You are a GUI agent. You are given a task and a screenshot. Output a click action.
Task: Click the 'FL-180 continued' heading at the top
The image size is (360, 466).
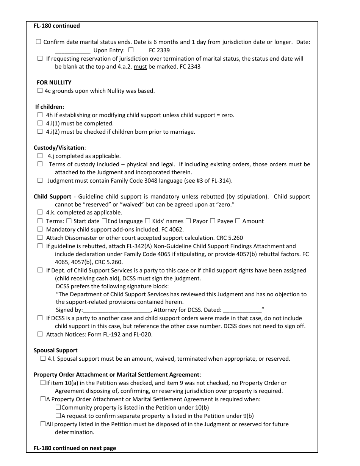click(x=57, y=26)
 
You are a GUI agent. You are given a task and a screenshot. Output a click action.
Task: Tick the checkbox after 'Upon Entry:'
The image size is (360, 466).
click(x=131, y=50)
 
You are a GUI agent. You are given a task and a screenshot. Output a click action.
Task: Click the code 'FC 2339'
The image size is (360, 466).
click(x=159, y=50)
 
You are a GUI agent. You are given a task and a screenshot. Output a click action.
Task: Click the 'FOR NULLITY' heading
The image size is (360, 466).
click(x=54, y=83)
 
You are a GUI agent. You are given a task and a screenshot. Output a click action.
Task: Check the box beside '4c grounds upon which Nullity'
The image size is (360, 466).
click(x=40, y=91)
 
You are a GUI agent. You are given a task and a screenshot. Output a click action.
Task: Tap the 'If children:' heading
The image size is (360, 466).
click(x=50, y=107)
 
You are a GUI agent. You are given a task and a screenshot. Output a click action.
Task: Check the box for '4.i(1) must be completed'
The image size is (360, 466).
click(x=40, y=124)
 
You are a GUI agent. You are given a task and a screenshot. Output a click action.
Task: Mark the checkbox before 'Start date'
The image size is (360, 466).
click(x=69, y=221)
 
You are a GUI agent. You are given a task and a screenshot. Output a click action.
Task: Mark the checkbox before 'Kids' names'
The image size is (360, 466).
click(x=148, y=221)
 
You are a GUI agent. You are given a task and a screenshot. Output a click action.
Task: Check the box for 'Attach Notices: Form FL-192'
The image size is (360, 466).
click(x=40, y=334)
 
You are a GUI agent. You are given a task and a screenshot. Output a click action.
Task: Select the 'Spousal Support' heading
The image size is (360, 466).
click(x=55, y=350)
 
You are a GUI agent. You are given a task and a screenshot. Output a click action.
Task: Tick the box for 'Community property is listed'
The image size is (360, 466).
click(x=58, y=408)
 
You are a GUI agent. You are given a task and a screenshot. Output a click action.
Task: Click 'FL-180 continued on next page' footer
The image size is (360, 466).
click(x=75, y=448)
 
